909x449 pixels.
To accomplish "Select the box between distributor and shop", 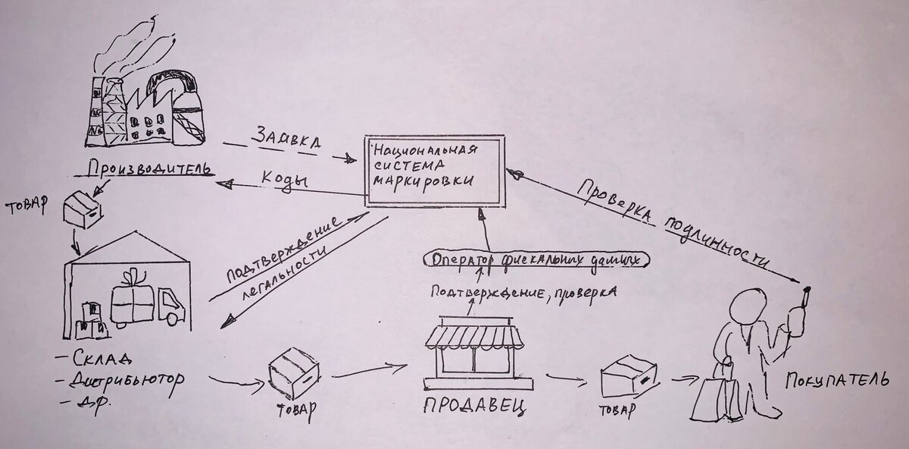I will (293, 372).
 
